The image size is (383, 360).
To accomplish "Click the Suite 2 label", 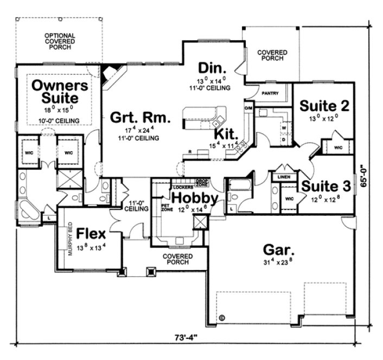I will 324,105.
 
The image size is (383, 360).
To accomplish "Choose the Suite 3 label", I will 325,186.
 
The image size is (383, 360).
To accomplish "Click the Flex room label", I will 91,234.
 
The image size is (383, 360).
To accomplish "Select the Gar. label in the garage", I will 278,250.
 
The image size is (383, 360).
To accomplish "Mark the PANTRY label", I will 270,93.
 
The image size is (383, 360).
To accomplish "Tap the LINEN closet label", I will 284,177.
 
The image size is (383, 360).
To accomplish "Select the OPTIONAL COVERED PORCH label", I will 60,42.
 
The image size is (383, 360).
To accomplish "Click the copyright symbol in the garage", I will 221,318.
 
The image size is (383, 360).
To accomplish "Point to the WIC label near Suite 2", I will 338,147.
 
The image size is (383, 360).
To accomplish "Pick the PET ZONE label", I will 167,208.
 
